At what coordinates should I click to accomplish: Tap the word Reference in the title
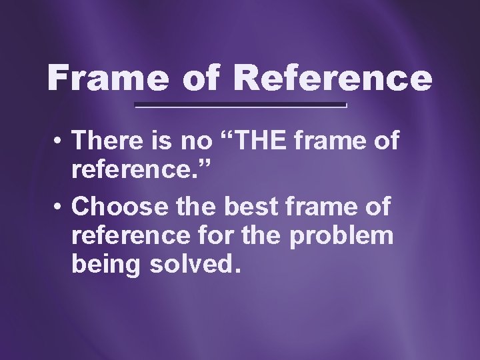(333, 79)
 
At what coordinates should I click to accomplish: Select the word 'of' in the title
(200, 79)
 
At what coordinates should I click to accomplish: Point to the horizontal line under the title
(241, 106)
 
